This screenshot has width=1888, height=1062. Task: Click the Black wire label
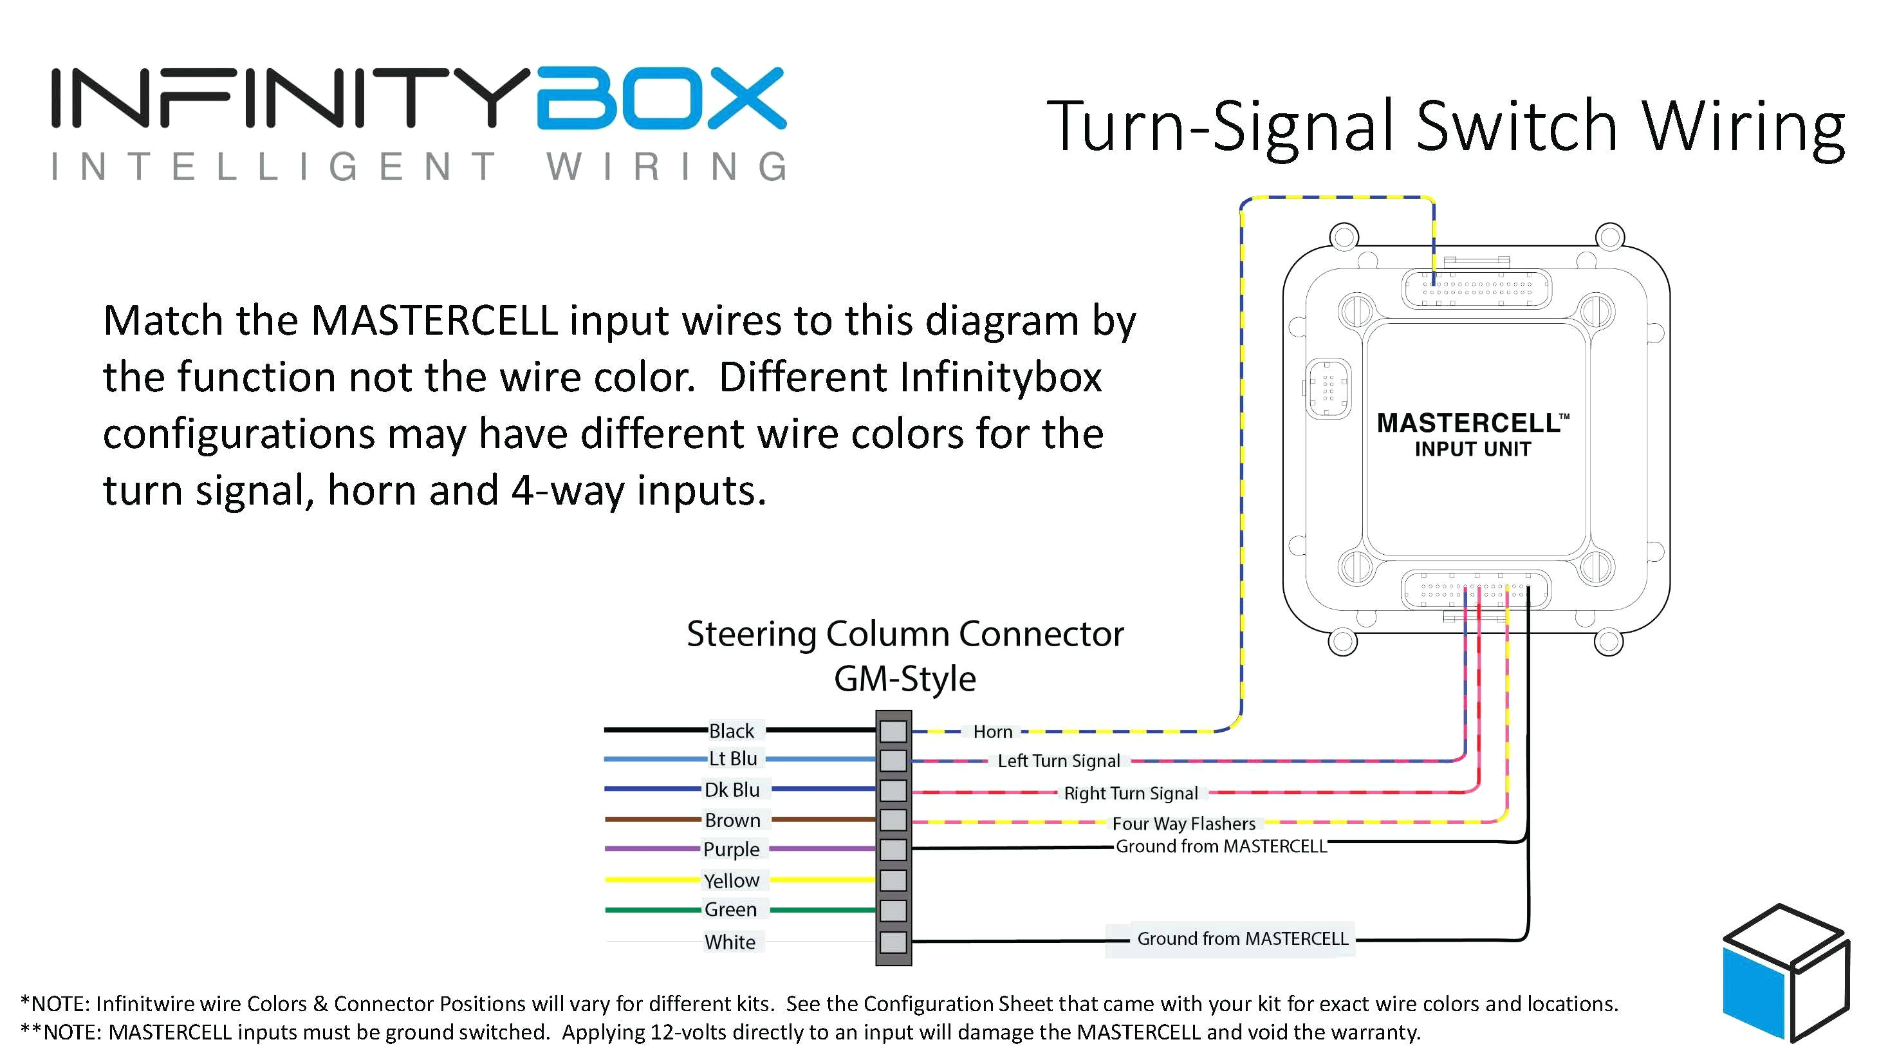pos(731,731)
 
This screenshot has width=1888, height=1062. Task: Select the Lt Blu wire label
pos(732,759)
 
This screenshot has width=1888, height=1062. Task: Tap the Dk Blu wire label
pos(732,789)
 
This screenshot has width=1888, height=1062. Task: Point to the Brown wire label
pos(732,820)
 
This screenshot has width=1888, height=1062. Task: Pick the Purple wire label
pos(731,849)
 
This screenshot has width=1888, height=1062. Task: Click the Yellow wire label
pos(731,880)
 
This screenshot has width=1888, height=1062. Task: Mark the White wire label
pos(729,942)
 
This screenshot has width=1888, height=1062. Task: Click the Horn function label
pos(992,731)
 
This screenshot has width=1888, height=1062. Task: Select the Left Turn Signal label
pos(1059,761)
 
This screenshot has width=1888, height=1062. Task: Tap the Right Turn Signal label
pos(1130,793)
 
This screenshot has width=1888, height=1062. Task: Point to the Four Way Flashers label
pos(1183,824)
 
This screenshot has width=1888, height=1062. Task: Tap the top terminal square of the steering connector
pos(893,731)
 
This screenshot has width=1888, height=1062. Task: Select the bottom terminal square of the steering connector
pos(893,942)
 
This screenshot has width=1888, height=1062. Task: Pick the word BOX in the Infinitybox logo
pos(661,99)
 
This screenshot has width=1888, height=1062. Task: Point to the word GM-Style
pos(904,678)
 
